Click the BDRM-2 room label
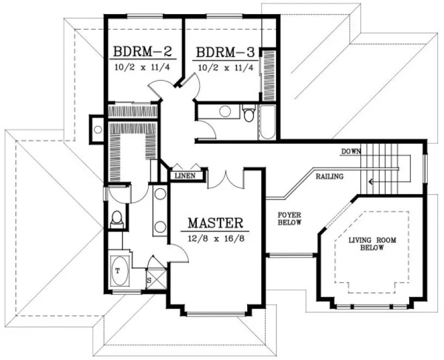[x=142, y=52]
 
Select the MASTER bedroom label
[x=215, y=223]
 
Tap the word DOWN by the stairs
[x=351, y=151]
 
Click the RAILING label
[x=330, y=176]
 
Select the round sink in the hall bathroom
[x=225, y=112]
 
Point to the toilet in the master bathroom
[x=116, y=218]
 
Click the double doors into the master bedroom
[x=223, y=179]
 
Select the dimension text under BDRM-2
[x=142, y=68]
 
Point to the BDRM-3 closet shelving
[x=269, y=75]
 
